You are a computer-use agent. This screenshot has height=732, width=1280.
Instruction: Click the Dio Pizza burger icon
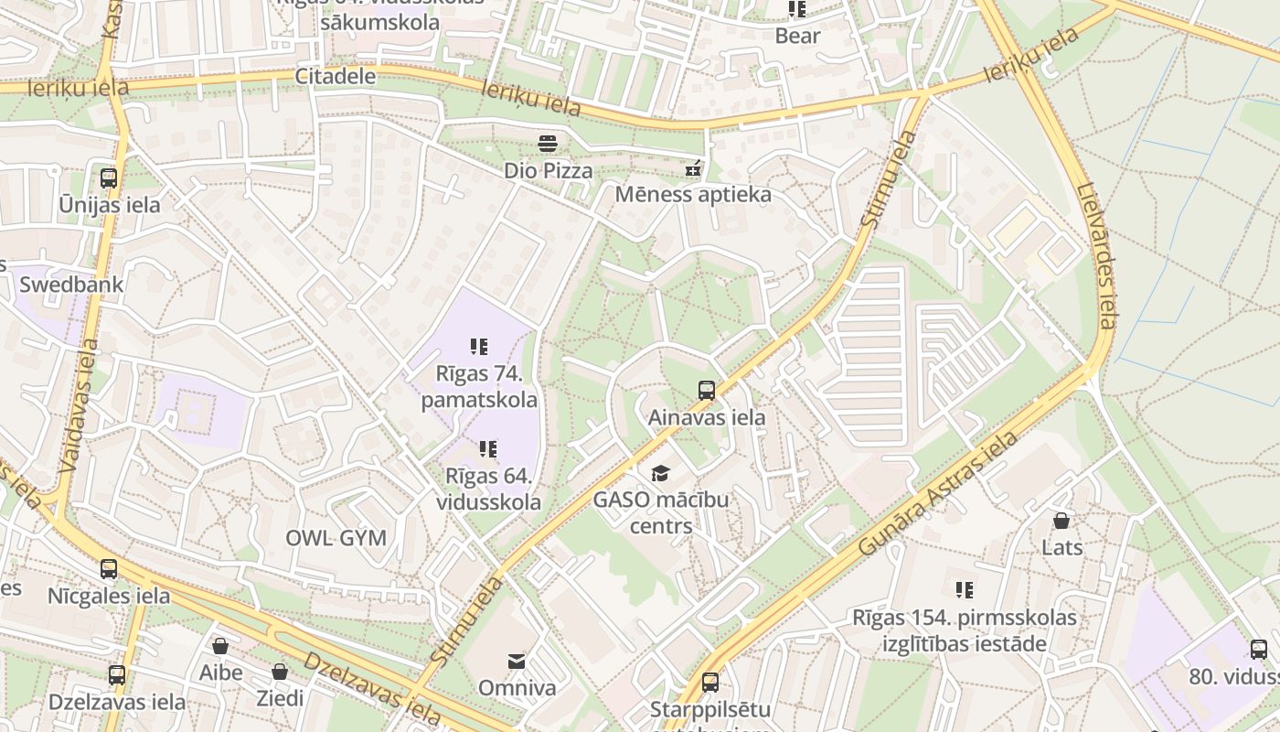[548, 143]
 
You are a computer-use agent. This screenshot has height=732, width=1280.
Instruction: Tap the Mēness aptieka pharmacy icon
[693, 168]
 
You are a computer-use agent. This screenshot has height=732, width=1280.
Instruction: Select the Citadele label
[336, 76]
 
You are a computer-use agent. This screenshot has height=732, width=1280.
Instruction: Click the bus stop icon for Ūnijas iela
[109, 178]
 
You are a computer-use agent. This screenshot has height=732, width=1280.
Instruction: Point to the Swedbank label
[71, 285]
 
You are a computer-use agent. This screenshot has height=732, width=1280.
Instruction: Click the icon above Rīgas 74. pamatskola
[479, 347]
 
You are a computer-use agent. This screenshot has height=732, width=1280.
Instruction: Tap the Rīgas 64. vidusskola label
[488, 490]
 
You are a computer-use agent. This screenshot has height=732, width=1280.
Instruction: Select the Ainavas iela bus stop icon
[707, 391]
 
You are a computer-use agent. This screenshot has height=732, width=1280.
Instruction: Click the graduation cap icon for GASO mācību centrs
[660, 473]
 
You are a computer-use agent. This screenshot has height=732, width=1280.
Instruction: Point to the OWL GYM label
[336, 538]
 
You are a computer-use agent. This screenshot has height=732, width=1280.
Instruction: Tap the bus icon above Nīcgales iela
[109, 569]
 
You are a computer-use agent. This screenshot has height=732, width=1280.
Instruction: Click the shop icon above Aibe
[220, 646]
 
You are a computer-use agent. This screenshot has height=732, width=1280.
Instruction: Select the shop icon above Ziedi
[280, 672]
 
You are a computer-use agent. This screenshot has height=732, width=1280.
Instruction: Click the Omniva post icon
[517, 661]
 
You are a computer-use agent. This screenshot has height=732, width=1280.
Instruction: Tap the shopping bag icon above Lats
[1061, 521]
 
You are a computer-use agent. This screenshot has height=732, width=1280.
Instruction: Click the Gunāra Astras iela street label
[939, 493]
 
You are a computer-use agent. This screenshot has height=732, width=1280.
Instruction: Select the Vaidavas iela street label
[78, 406]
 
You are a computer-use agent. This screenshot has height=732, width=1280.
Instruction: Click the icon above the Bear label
[797, 9]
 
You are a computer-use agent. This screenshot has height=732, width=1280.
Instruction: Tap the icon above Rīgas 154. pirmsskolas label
[965, 590]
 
